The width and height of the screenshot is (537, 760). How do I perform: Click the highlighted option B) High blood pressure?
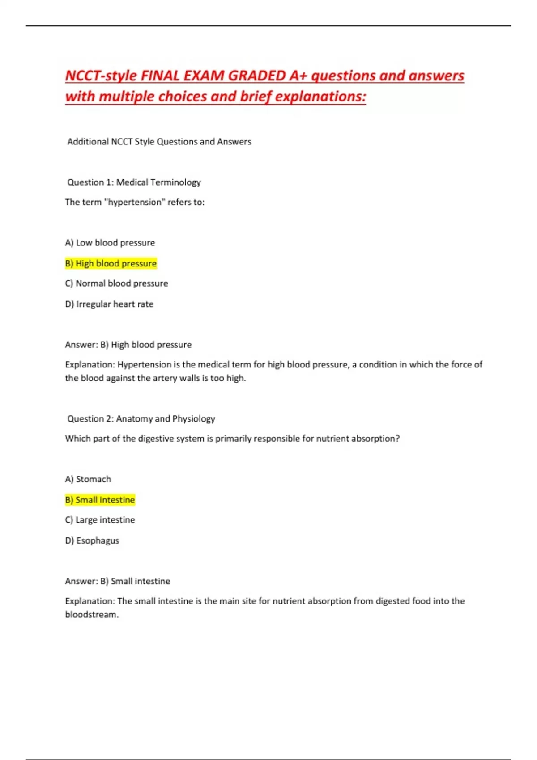111,263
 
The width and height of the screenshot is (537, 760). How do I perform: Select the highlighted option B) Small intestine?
100,500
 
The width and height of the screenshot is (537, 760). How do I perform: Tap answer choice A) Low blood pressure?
110,243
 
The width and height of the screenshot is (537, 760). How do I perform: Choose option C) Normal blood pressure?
116,283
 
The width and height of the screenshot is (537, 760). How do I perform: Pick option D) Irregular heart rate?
109,304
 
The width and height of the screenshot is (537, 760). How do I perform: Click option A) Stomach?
88,479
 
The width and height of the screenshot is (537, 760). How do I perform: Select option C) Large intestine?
100,520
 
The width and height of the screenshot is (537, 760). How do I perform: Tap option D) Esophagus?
92,540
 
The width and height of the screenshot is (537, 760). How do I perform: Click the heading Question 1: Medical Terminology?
134,182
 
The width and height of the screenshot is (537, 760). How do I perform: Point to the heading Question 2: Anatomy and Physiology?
141,419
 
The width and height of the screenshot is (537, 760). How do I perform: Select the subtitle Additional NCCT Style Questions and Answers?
159,142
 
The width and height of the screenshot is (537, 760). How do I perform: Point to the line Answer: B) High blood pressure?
128,345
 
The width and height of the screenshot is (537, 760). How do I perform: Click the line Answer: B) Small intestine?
117,581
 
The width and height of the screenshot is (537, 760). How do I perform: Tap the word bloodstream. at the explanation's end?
92,615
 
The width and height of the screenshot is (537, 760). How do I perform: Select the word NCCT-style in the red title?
101,76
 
